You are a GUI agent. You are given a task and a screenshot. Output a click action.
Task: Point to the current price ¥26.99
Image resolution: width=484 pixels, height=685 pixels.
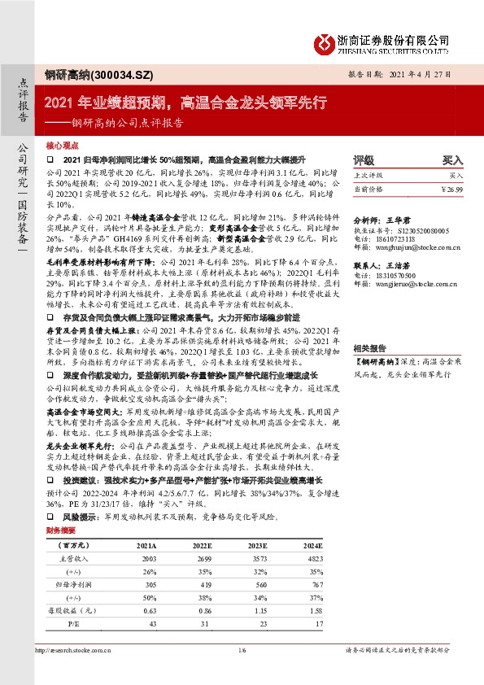[451, 189]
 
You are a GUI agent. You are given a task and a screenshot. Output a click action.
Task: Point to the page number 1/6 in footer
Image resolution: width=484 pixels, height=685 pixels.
[241, 651]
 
